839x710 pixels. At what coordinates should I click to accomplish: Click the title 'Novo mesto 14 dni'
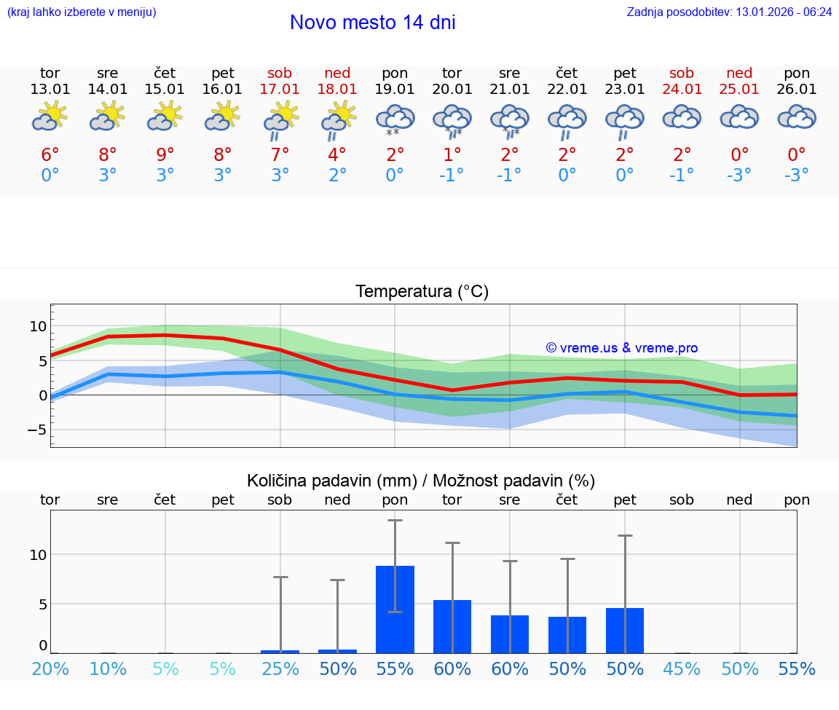(372, 23)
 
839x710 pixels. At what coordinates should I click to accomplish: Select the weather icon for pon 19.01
(395, 120)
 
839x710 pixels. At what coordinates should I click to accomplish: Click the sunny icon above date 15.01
(165, 117)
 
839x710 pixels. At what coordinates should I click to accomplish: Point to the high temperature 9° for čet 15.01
(165, 155)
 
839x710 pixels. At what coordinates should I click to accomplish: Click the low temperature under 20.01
(452, 175)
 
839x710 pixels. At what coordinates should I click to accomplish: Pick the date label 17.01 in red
(280, 90)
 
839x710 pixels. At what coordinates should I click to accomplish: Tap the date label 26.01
(797, 90)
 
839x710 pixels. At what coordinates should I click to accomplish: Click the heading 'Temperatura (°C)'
(422, 292)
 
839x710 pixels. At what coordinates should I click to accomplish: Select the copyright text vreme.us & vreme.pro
(622, 348)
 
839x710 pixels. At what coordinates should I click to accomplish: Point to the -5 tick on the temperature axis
(37, 430)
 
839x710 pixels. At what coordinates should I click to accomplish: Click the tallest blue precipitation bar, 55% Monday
(395, 609)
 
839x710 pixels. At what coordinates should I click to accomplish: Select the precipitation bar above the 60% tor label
(452, 626)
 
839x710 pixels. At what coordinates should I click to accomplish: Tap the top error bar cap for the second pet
(625, 535)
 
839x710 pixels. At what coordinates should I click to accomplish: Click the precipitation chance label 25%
(280, 669)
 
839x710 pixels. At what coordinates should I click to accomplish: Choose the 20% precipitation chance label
(50, 669)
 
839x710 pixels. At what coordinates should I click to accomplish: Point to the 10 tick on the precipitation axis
(37, 555)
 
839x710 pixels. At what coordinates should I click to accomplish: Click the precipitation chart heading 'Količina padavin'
(421, 481)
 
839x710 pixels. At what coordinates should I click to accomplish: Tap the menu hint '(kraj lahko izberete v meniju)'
(82, 12)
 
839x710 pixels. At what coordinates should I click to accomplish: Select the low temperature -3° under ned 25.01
(739, 175)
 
